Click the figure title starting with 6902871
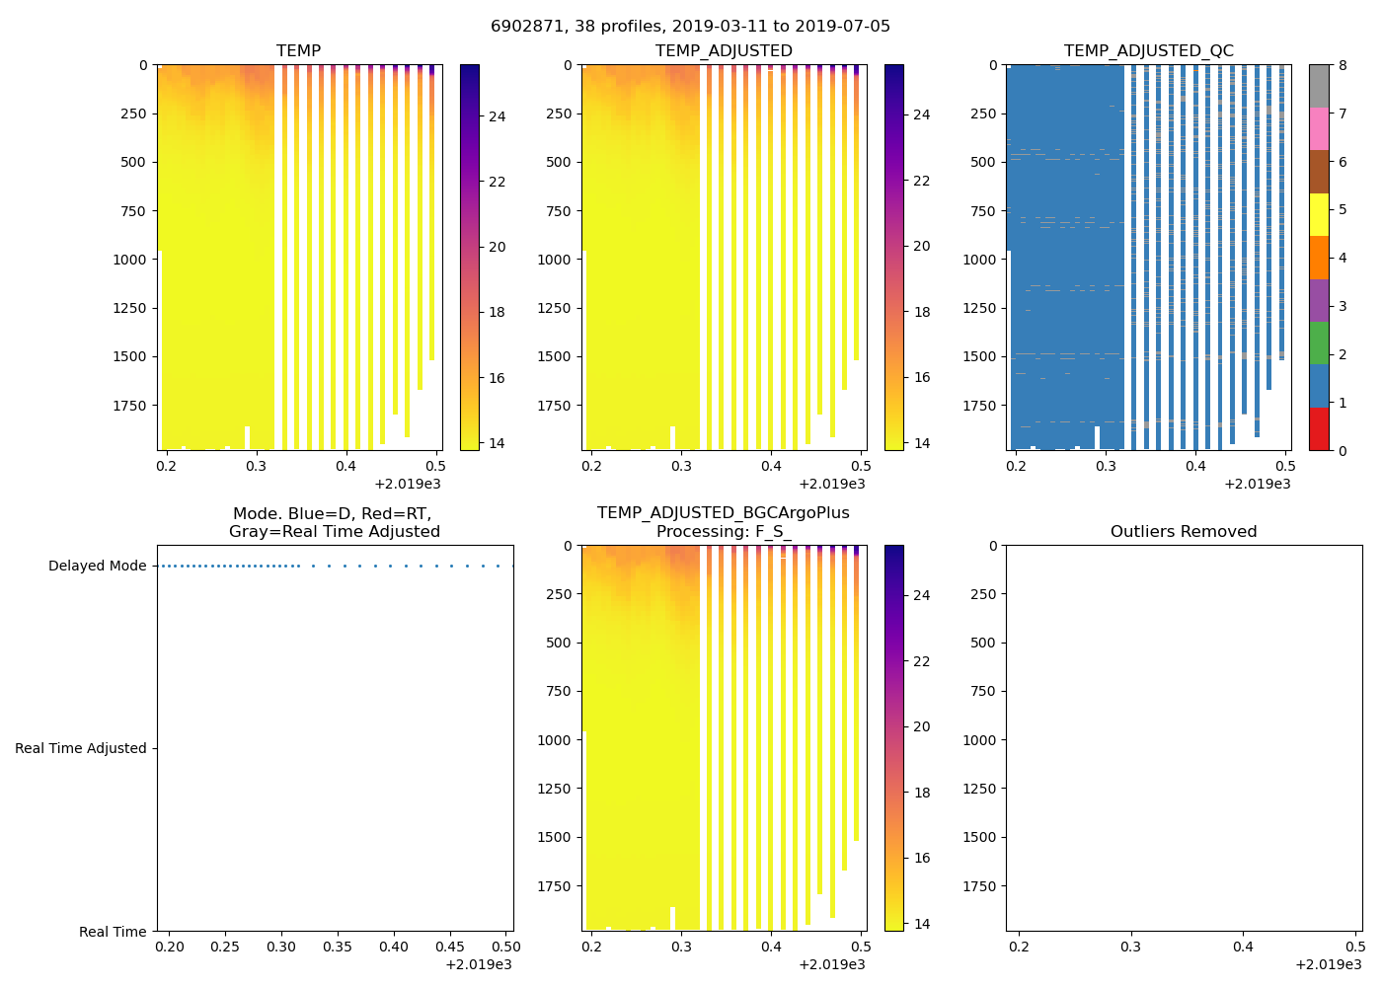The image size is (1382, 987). (x=690, y=27)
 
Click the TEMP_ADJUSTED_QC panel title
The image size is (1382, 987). (x=1148, y=51)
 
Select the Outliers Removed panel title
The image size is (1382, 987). (x=1183, y=532)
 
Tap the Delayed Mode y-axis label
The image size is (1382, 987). (x=97, y=567)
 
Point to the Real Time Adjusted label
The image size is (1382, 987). (x=80, y=749)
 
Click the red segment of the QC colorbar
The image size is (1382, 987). (x=1319, y=429)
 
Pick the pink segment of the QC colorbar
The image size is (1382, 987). (x=1319, y=129)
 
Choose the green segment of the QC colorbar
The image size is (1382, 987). (x=1319, y=343)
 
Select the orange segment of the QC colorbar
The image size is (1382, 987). (x=1319, y=258)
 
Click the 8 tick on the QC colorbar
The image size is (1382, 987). (x=1343, y=65)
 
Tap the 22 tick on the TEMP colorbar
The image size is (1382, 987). (x=497, y=183)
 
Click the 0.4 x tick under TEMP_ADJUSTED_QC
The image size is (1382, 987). (x=1195, y=466)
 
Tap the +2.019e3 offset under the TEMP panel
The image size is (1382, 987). (x=407, y=484)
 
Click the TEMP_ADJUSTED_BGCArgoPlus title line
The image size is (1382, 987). (x=723, y=513)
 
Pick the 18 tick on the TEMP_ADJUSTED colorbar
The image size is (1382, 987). (x=921, y=313)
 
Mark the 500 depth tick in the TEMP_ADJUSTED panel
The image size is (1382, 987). (x=558, y=163)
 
